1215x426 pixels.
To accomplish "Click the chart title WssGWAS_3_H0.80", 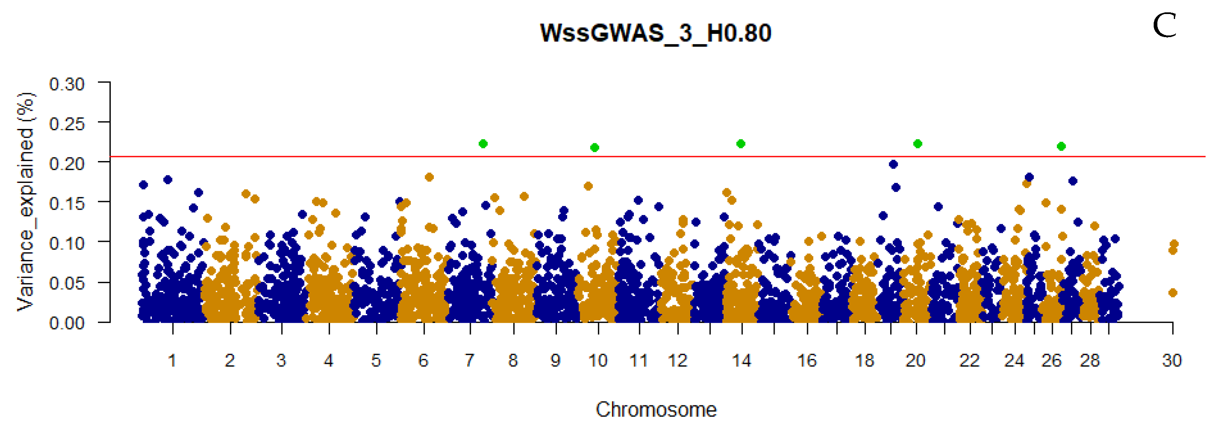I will (x=655, y=33).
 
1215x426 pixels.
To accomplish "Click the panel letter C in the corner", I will (x=1164, y=26).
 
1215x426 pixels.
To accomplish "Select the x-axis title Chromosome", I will (x=656, y=410).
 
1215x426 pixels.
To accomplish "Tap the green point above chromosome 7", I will (x=483, y=143).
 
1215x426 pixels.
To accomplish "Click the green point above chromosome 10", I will (x=594, y=148).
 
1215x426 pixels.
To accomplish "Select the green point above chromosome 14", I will (x=740, y=143).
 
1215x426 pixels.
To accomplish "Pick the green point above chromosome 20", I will (x=917, y=143).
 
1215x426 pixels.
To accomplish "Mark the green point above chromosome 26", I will (x=1061, y=146).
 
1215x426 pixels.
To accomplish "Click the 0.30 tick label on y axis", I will (x=67, y=84).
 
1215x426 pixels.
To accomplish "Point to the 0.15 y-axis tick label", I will (x=67, y=204).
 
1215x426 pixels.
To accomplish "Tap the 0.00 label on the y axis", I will (x=67, y=323).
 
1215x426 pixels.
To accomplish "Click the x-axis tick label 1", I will (x=172, y=361).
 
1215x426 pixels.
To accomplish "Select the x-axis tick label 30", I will (x=1172, y=361).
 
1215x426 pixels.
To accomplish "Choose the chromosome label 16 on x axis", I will (x=807, y=361).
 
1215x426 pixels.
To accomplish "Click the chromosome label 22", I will (x=969, y=361).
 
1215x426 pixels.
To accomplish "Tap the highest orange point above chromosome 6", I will (x=429, y=177).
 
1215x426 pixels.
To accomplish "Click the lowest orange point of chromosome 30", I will (x=1173, y=293).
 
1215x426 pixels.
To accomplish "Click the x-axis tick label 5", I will (x=376, y=361).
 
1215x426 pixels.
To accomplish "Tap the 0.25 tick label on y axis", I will (x=67, y=124).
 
